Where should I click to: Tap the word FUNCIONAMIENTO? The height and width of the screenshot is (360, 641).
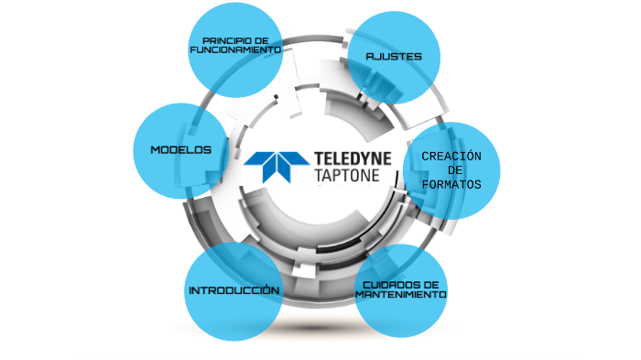[234, 50]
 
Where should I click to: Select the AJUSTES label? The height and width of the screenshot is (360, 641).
[394, 57]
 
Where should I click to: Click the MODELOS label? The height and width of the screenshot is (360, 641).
[181, 149]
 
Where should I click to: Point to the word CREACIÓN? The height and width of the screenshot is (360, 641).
[451, 157]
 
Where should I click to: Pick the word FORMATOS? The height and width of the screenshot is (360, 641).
[451, 184]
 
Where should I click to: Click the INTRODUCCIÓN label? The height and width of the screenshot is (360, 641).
[234, 290]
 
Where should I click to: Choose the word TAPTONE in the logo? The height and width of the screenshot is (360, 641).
[345, 175]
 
